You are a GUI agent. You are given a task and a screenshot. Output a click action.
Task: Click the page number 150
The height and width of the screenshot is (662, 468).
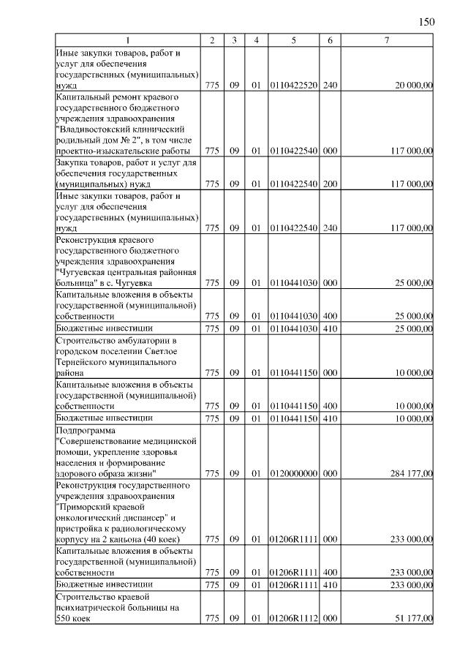point(426,21)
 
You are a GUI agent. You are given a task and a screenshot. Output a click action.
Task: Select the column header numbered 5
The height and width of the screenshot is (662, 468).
point(292,40)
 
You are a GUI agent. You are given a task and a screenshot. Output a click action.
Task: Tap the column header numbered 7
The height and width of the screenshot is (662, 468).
point(386,40)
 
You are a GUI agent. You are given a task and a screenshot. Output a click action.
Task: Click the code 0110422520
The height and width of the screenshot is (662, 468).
point(292,86)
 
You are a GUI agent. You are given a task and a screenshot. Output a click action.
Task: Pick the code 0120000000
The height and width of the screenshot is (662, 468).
point(292,473)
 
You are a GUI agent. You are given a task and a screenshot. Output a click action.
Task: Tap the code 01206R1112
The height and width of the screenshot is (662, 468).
point(292,618)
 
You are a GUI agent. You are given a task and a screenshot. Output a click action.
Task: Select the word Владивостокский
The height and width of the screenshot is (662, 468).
point(93,129)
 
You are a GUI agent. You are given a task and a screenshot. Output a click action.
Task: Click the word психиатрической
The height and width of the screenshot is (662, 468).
point(95,607)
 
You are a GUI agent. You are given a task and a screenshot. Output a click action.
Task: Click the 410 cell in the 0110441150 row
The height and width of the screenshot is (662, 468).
point(330,418)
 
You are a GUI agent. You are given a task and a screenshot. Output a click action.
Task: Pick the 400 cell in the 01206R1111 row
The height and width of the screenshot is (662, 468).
point(330,572)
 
